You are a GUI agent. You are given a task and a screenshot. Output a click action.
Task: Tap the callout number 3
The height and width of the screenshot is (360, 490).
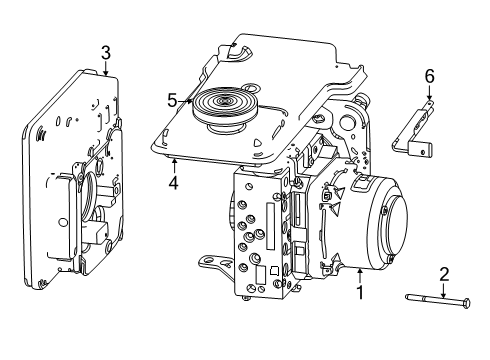105,52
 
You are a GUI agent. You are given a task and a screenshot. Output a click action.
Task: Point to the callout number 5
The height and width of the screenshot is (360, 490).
172,99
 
